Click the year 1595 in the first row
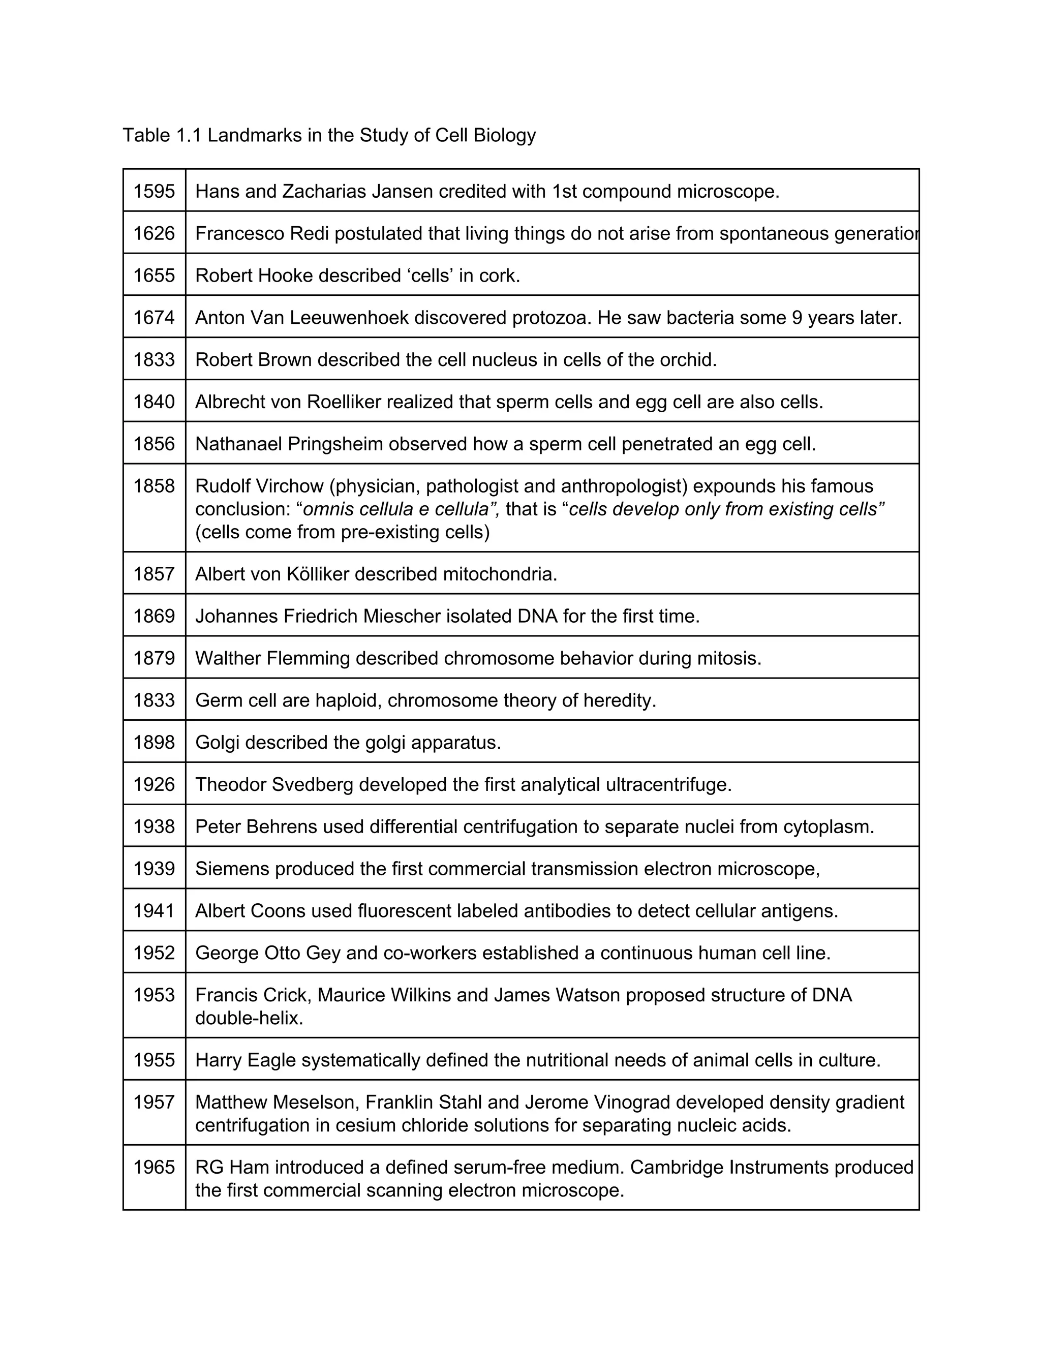coord(154,192)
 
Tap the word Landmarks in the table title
coord(254,135)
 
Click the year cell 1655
coord(154,275)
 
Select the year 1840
coord(154,402)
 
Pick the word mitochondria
coord(500,574)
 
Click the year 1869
coord(154,616)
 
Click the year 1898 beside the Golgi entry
coord(154,743)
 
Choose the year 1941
coord(154,911)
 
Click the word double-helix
coord(249,1018)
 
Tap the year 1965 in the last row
coord(154,1168)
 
